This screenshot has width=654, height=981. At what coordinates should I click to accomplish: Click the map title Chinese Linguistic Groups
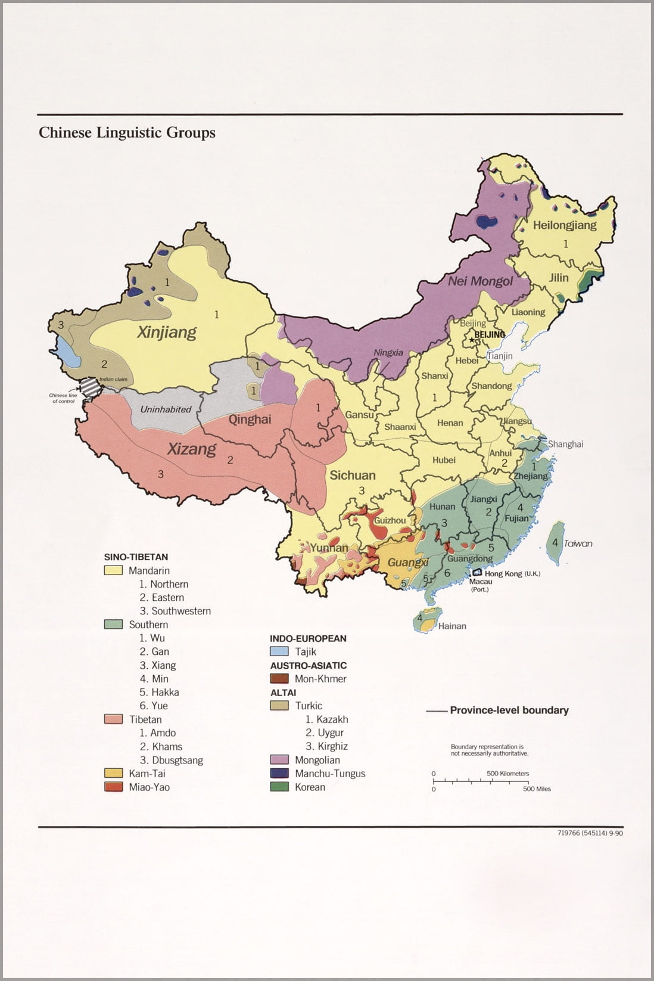coord(127,132)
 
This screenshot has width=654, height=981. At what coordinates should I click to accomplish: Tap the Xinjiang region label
coord(166,332)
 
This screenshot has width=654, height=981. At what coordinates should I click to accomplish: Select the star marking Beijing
coord(472,340)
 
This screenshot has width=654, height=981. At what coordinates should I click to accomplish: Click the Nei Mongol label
coord(480,281)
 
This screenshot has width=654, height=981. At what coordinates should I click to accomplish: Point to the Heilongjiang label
coord(564,225)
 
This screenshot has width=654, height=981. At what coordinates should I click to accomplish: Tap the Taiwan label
coord(578,544)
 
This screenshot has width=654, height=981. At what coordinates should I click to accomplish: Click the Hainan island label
coord(452,626)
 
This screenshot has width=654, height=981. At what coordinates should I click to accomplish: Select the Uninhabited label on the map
coord(166,409)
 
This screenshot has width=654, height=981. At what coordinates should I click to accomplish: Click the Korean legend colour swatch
coord(279,787)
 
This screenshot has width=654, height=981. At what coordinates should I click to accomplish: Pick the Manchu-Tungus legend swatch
coord(279,774)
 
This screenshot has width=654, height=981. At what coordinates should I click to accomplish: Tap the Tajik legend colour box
coord(279,651)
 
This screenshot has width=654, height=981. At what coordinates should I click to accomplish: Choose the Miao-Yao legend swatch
coord(113,787)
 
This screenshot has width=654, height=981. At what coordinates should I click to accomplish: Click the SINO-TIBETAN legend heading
coord(136,557)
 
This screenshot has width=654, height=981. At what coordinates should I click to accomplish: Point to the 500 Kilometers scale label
coord(507,774)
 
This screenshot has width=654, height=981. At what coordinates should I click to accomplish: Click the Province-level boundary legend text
coord(509,710)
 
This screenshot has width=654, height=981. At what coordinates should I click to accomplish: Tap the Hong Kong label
coord(503,573)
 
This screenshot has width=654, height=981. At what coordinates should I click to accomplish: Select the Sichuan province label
coord(353,475)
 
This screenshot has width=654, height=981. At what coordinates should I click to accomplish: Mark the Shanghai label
coord(565,444)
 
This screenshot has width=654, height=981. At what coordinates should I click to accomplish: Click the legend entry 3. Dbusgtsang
coord(171,760)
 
